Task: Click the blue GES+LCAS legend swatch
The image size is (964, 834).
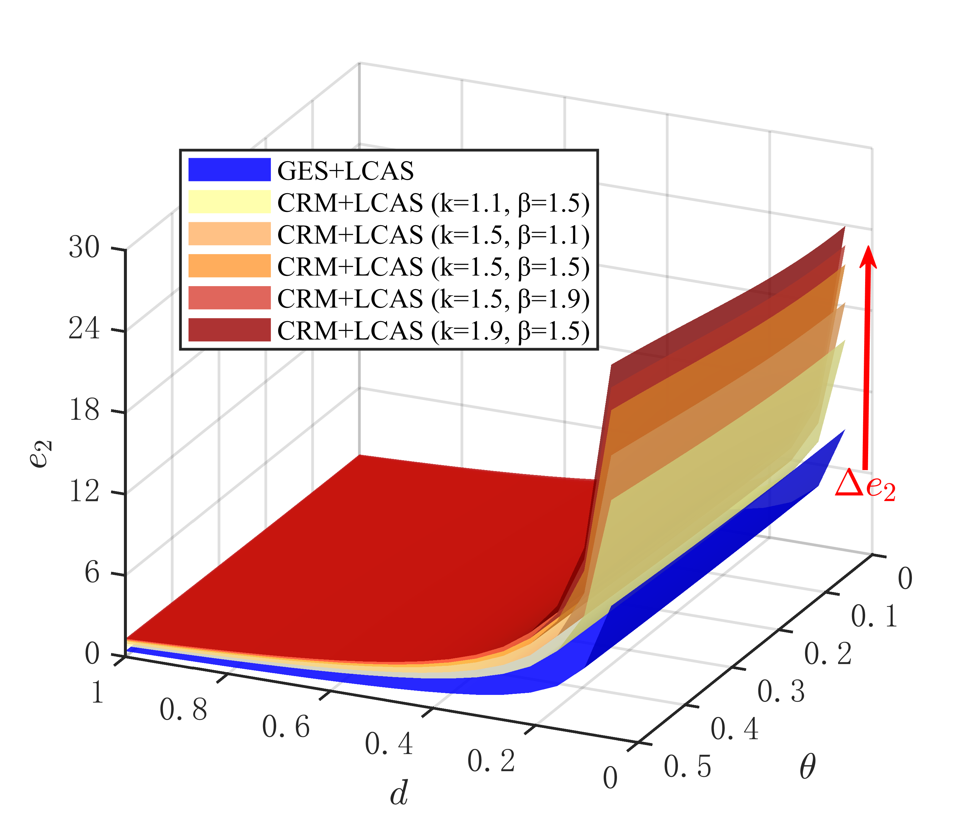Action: point(229,169)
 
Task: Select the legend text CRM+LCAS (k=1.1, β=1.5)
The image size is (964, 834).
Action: point(433,203)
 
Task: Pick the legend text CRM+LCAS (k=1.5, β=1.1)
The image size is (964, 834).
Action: point(433,235)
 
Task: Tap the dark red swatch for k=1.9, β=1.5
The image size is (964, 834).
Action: point(229,330)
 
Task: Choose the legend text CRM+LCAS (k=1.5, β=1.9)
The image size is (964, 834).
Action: point(433,298)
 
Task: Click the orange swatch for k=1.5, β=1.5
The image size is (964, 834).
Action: point(229,266)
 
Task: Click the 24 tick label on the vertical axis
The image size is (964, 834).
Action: point(84,329)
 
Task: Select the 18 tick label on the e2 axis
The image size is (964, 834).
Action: point(84,410)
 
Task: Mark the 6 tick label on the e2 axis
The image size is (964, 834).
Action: point(92,573)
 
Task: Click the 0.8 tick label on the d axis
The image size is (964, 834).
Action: point(183,710)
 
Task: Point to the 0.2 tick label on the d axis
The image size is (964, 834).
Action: point(491,761)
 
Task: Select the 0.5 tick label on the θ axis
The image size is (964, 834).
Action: point(687,766)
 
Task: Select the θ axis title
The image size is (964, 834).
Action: point(807,767)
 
